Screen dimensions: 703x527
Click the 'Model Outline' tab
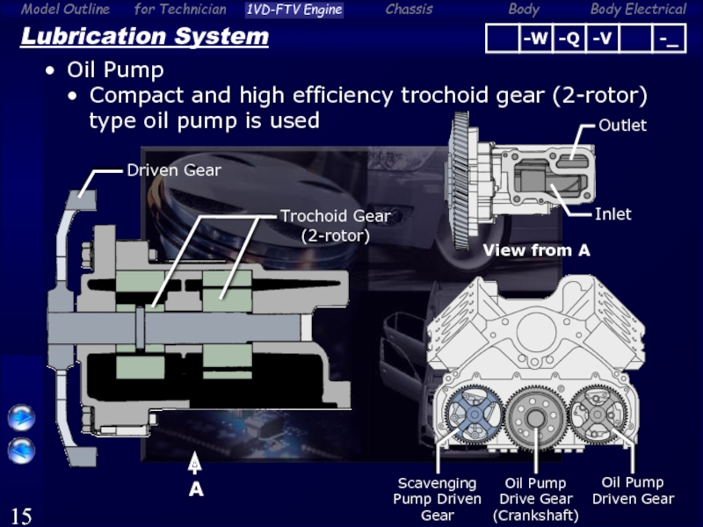click(65, 9)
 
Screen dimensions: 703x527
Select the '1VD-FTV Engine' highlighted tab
click(294, 10)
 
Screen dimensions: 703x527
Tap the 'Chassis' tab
click(409, 9)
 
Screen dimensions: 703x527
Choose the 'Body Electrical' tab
click(638, 9)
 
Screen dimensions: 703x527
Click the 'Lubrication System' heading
click(144, 36)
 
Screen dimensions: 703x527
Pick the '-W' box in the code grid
click(535, 39)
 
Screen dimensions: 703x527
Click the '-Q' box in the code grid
click(569, 39)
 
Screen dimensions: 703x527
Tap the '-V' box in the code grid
click(602, 39)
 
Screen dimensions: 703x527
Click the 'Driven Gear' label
click(174, 170)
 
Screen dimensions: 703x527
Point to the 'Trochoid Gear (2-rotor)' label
click(336, 226)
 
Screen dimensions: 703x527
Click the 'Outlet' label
click(622, 126)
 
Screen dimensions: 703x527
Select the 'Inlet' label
click(612, 214)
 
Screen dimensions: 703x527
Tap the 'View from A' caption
click(536, 250)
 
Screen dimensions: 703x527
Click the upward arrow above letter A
click(194, 463)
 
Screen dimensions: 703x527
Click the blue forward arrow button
click(21, 418)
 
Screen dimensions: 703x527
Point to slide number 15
click(21, 516)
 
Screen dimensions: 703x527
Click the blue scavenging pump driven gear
click(474, 415)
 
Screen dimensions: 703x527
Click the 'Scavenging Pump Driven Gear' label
click(437, 499)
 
